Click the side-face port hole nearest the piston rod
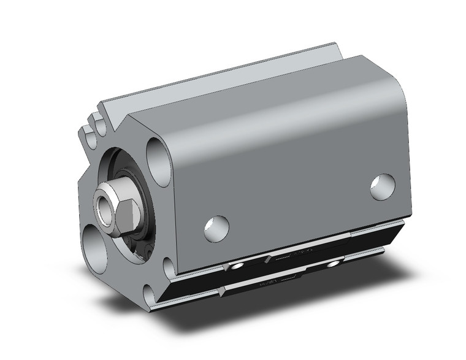pyautogui.click(x=216, y=228)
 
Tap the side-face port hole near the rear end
pyautogui.click(x=383, y=186)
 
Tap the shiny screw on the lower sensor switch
pyautogui.click(x=334, y=264)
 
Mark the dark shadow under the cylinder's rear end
pyautogui.click(x=392, y=264)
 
